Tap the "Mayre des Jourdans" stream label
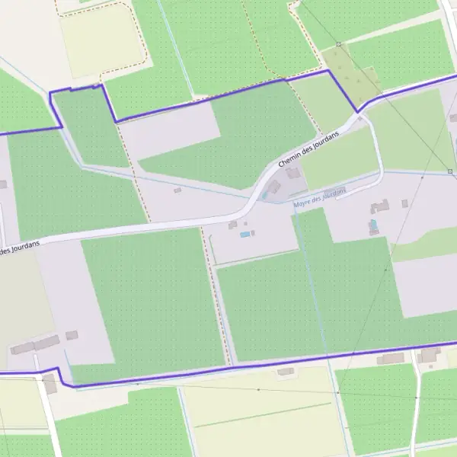tap(315, 196)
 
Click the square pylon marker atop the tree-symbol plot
tap(338, 44)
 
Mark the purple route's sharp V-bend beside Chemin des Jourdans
tap(357, 112)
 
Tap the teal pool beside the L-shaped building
tap(372, 225)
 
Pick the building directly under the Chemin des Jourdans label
tap(293, 174)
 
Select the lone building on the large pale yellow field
tap(286, 372)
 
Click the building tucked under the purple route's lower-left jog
tap(50, 385)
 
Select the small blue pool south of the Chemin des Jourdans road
tap(244, 235)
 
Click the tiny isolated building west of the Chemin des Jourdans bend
tap(177, 190)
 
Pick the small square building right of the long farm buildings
tap(72, 335)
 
